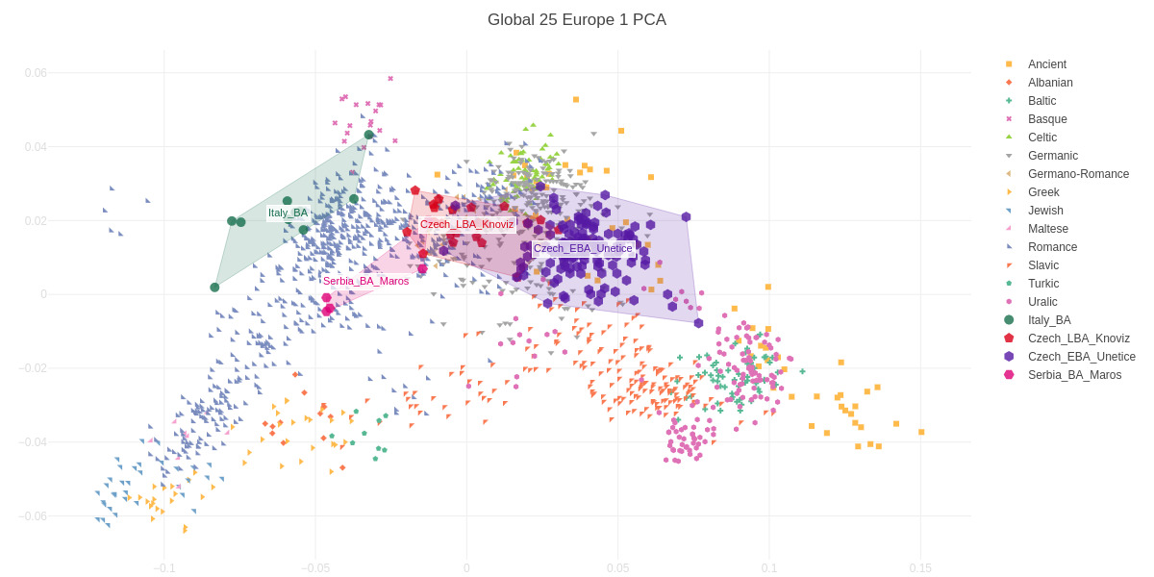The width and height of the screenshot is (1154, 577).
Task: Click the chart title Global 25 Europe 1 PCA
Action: pos(576,20)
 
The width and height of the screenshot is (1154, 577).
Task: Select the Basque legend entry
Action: pos(1047,119)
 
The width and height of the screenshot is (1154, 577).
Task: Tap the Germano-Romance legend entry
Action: pos(1078,174)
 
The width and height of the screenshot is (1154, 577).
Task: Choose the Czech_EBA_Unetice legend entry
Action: pos(1081,357)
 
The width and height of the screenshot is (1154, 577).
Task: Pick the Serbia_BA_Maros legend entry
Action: pos(1074,375)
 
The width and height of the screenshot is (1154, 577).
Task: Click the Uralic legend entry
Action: pos(1042,302)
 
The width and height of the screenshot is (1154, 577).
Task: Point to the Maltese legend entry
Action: pos(1048,229)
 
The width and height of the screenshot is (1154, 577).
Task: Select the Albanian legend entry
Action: pos(1050,83)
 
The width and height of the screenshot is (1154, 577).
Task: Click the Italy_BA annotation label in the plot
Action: pos(288,213)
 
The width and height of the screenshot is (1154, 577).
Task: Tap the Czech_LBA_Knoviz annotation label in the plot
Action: pos(466,224)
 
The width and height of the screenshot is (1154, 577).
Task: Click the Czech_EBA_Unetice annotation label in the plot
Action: pos(583,248)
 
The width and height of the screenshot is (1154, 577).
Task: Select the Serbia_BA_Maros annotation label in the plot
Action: pos(365,281)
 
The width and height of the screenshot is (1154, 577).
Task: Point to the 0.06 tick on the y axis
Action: pos(36,73)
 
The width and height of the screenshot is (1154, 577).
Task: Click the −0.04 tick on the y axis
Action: pos(33,442)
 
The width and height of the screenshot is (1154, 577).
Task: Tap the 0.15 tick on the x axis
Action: pos(920,568)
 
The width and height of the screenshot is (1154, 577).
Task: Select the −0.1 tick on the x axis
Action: pos(164,568)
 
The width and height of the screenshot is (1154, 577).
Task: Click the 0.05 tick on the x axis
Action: pos(617,568)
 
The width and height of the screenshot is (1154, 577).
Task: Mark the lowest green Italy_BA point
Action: pos(214,288)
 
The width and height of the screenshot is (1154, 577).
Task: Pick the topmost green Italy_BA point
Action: pos(369,135)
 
